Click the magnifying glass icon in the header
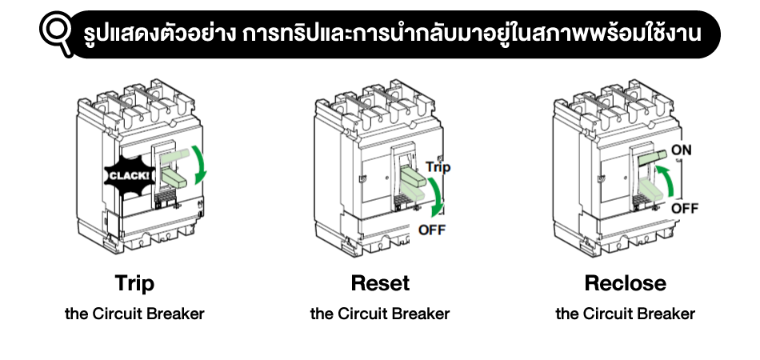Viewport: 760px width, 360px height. click(57, 33)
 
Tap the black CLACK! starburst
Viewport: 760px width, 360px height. click(126, 175)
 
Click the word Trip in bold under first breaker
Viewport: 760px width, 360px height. click(134, 283)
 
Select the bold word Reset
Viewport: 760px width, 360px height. click(380, 283)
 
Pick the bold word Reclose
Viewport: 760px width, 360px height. click(625, 283)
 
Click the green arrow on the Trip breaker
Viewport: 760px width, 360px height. click(204, 165)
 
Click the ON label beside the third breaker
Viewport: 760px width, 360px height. click(682, 150)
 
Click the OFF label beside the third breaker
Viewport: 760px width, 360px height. click(685, 208)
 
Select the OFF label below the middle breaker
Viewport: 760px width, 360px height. click(433, 231)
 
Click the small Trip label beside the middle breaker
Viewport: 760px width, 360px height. click(438, 167)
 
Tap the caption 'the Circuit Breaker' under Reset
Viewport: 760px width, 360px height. click(380, 314)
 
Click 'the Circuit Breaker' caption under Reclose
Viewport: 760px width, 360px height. click(625, 314)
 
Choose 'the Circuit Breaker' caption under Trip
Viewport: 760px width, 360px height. click(134, 314)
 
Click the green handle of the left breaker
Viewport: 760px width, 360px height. click(178, 163)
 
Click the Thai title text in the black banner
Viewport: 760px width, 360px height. click(393, 34)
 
